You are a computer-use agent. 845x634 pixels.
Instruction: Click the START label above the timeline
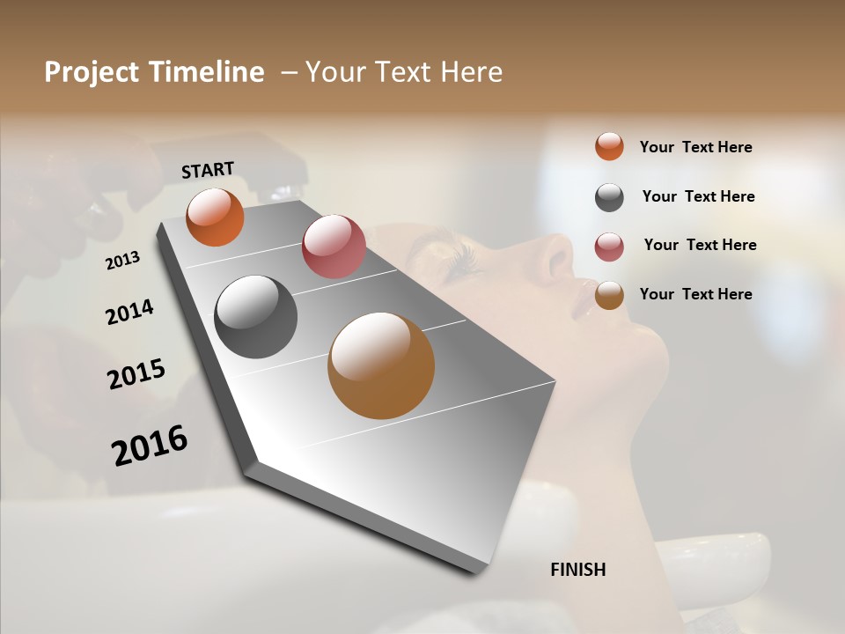[208, 170]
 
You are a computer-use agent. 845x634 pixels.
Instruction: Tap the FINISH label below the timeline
[577, 570]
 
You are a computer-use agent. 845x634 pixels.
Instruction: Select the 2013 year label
[123, 261]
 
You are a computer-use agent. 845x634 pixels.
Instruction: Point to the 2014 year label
[129, 312]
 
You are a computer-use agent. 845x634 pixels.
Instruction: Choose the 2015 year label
[136, 374]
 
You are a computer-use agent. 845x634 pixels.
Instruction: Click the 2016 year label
[150, 445]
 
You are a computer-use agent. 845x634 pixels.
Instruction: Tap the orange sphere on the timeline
[215, 217]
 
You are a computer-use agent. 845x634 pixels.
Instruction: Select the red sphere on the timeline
[334, 247]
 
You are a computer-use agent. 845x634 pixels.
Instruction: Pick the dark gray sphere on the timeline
[255, 317]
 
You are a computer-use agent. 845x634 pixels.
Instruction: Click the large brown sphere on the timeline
[381, 365]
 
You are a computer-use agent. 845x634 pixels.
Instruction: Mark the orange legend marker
[609, 147]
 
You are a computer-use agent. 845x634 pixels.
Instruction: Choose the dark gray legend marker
[609, 197]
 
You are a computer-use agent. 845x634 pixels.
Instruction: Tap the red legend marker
[609, 247]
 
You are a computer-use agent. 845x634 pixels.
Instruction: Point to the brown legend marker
[609, 295]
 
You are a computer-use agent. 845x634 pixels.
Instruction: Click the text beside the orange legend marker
[695, 147]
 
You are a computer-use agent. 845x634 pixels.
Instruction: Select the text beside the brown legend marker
[695, 294]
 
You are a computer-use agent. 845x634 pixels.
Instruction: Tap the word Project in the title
[91, 72]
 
